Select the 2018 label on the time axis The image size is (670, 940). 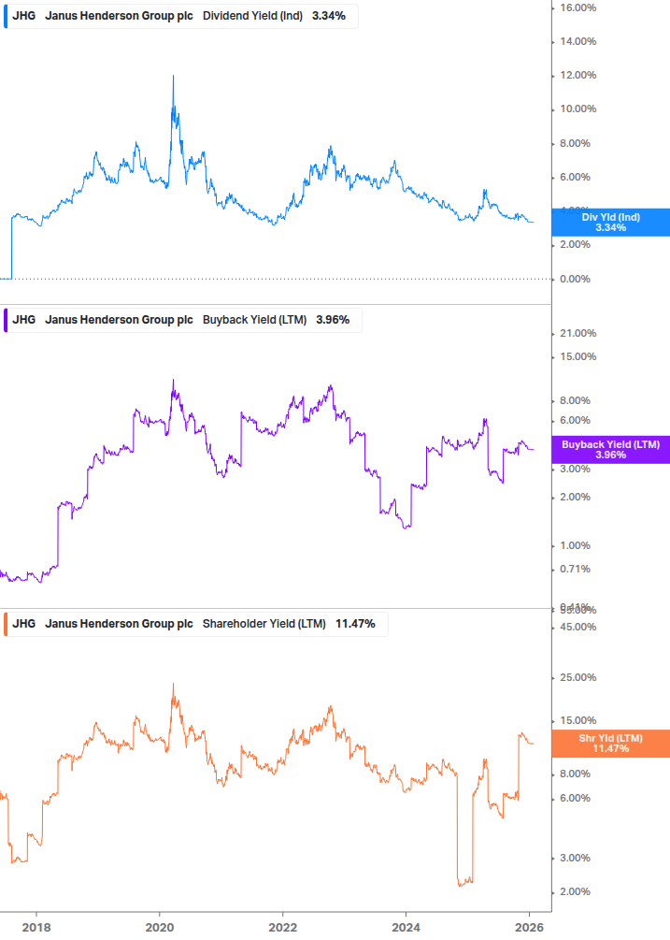pyautogui.click(x=36, y=927)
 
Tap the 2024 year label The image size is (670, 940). pyautogui.click(x=406, y=927)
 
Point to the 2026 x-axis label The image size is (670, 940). pyautogui.click(x=529, y=927)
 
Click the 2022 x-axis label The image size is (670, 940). pyautogui.click(x=282, y=927)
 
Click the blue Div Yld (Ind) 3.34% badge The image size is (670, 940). pyautogui.click(x=610, y=222)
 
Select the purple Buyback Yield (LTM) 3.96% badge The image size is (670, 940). pyautogui.click(x=610, y=450)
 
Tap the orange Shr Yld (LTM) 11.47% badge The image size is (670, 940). pyautogui.click(x=610, y=744)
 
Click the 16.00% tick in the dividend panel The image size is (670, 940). pyautogui.click(x=577, y=7)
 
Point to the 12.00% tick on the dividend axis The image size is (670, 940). pyautogui.click(x=577, y=76)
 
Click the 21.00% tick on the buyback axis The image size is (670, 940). pyautogui.click(x=577, y=334)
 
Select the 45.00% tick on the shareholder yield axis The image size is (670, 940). pyautogui.click(x=577, y=627)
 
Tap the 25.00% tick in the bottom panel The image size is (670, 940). pyautogui.click(x=577, y=677)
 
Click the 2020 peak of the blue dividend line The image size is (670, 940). pyautogui.click(x=173, y=77)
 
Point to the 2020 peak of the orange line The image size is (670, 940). pyautogui.click(x=173, y=685)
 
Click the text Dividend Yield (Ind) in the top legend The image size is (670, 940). pyautogui.click(x=252, y=16)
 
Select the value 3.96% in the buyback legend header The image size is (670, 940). pyautogui.click(x=333, y=320)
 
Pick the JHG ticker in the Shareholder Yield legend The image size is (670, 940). pyautogui.click(x=24, y=624)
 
